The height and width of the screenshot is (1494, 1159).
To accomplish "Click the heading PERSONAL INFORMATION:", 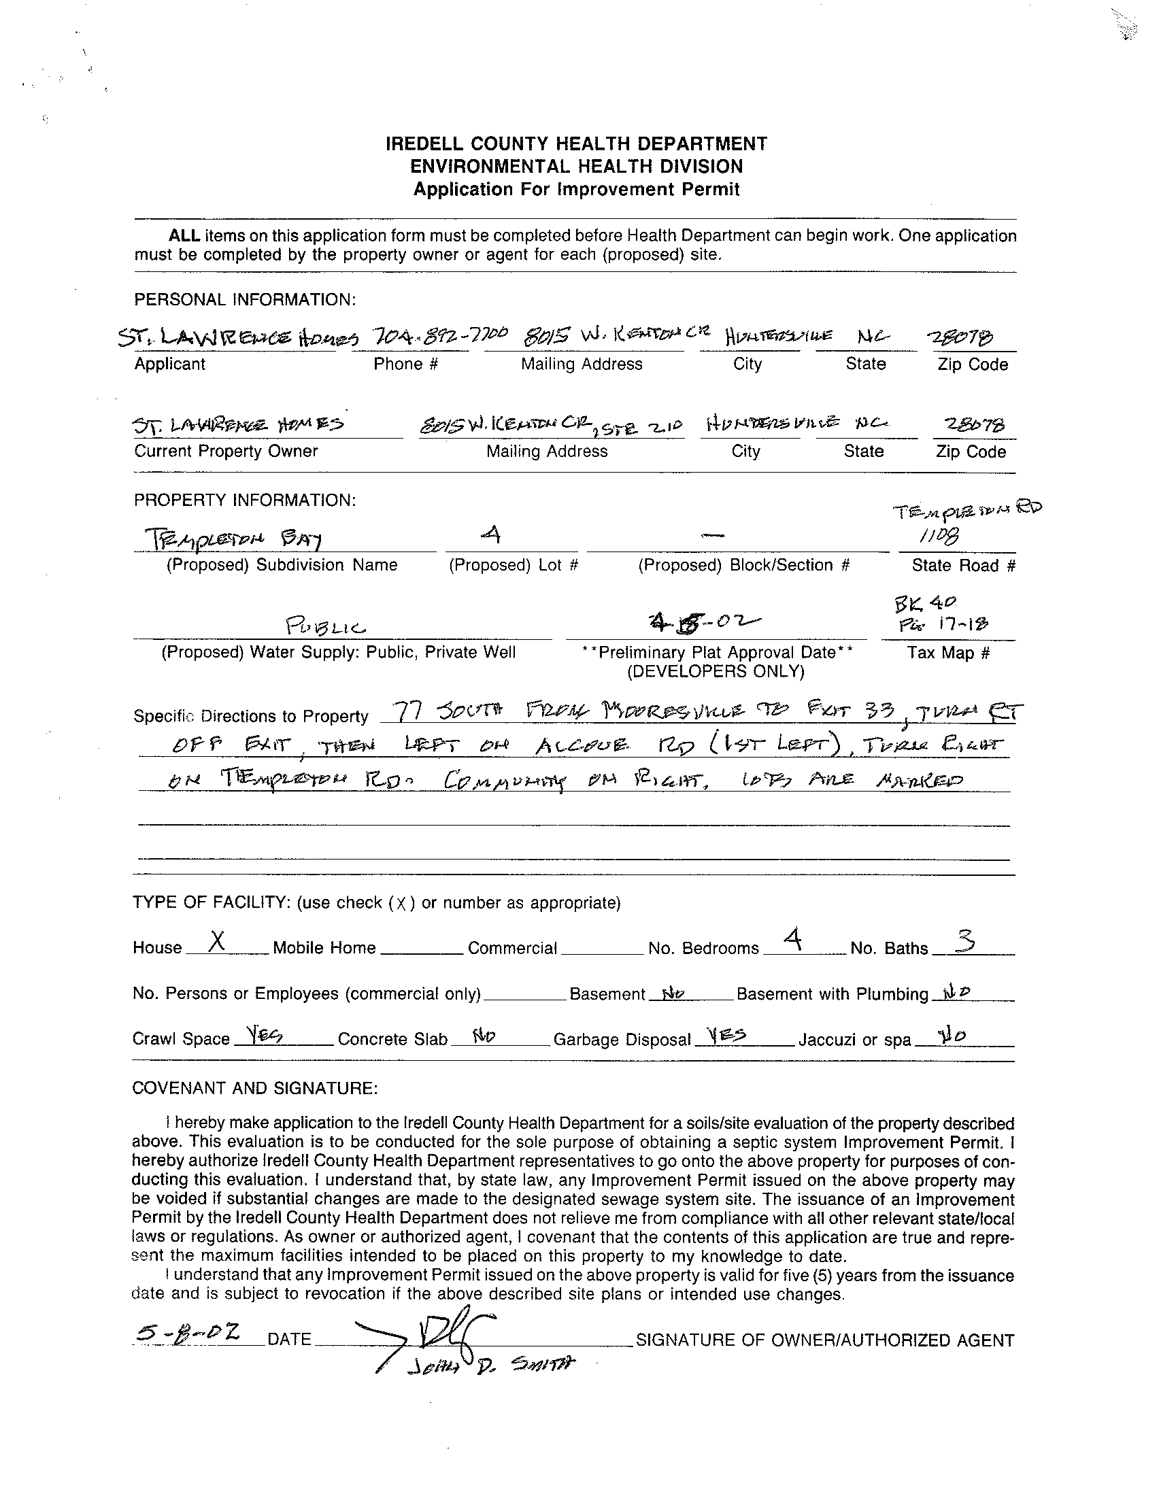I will [245, 300].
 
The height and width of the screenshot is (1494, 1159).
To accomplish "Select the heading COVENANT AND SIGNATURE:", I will [254, 1088].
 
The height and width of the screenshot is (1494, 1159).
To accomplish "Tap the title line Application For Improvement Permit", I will [576, 190].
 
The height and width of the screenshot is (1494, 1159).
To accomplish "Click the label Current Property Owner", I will [226, 452].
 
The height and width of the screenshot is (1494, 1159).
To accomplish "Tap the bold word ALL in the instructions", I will [185, 236].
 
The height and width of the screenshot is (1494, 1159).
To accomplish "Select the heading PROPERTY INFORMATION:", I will [245, 500].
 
